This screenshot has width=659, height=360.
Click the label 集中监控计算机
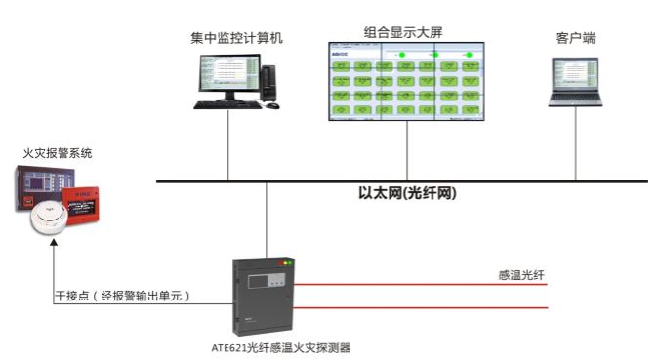click(x=236, y=38)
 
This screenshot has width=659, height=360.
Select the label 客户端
click(x=575, y=38)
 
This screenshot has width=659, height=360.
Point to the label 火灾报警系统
click(x=60, y=154)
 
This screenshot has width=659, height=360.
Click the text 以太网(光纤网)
click(x=408, y=193)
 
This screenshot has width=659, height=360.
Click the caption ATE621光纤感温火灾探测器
click(x=281, y=346)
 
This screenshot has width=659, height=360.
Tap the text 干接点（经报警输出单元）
click(x=121, y=295)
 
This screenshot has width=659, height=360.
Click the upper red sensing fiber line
click(x=420, y=285)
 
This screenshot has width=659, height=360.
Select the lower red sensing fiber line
click(x=420, y=309)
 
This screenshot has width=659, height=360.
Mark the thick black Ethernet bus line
click(x=488, y=181)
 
